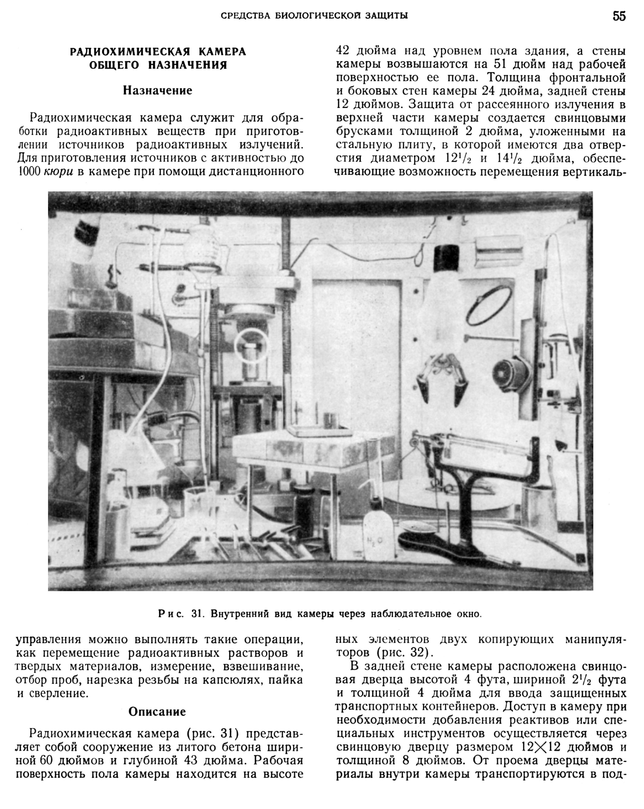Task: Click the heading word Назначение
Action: [158, 90]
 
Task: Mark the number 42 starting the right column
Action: [343, 51]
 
